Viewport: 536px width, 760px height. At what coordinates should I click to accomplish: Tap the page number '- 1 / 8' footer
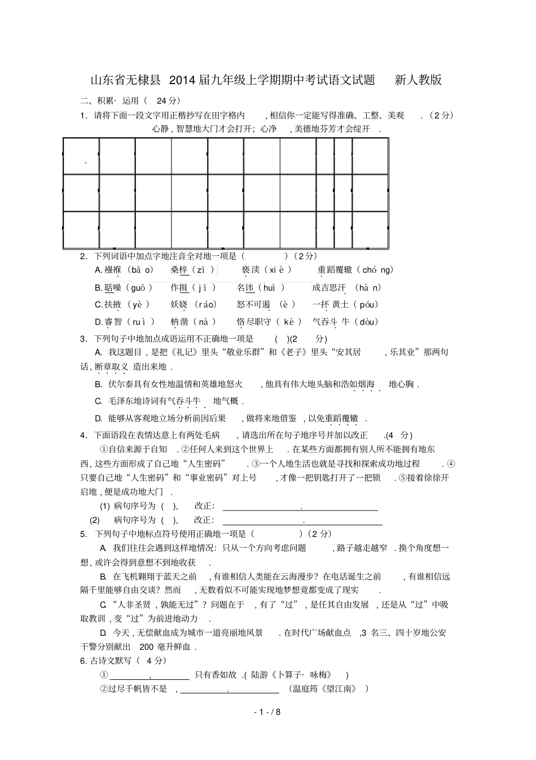(267, 711)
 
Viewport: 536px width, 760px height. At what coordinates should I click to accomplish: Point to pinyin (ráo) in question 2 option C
(205, 305)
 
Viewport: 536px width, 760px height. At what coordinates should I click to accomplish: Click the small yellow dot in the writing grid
(85, 163)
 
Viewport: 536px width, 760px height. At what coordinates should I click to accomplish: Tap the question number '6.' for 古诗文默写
(84, 661)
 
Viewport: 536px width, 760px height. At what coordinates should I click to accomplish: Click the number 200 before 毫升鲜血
(146, 647)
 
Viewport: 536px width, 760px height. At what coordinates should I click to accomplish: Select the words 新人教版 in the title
(418, 80)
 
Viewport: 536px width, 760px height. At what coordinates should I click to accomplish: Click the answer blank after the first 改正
(300, 506)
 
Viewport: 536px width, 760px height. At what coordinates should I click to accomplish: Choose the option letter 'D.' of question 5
(103, 633)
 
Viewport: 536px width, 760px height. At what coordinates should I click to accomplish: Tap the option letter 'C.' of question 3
(98, 401)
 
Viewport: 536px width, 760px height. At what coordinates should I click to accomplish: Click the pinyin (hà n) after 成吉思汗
(368, 287)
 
